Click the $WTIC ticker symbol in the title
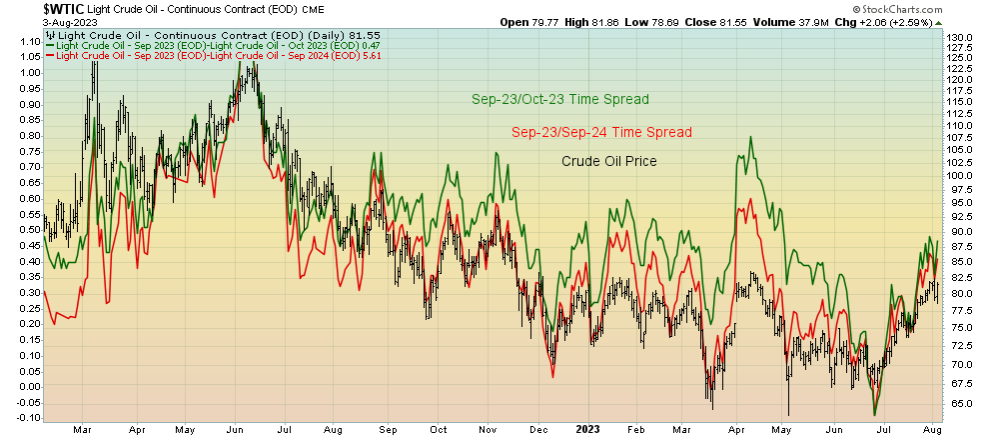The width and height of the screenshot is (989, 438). (27, 8)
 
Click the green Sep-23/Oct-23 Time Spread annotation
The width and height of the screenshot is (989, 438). (560, 99)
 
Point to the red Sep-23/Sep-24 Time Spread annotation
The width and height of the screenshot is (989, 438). (601, 132)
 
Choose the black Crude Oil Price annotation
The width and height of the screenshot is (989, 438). (608, 160)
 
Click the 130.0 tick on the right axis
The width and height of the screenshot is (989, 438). (962, 37)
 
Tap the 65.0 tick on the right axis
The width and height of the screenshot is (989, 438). (961, 404)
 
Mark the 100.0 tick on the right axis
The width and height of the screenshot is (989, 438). (962, 176)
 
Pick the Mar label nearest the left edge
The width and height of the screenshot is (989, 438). (86, 429)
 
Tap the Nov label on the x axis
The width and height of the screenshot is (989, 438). (488, 429)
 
